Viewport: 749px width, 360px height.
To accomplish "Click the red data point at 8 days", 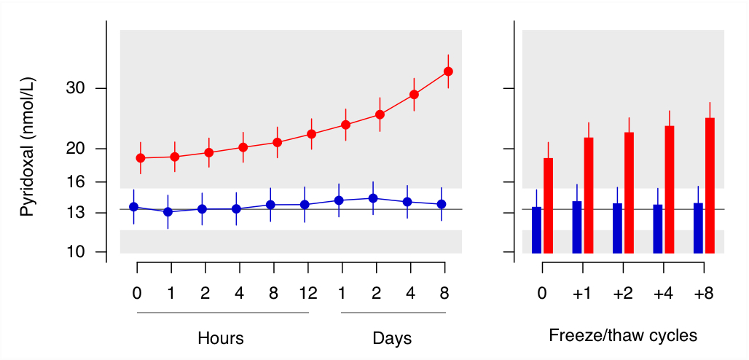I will [x=448, y=71].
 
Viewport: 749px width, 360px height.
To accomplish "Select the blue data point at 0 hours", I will [x=133, y=207].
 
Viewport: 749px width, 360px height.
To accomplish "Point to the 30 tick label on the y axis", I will [x=77, y=89].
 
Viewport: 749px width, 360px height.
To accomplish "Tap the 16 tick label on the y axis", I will [x=77, y=182].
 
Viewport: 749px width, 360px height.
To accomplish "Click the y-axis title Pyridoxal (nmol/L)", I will [x=27, y=148].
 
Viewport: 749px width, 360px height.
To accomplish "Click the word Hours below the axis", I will [x=220, y=338].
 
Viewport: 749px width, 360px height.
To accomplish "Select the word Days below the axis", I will [x=392, y=338].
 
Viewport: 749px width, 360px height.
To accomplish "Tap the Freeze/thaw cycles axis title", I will [x=623, y=336].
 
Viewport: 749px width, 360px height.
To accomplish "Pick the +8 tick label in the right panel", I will [x=703, y=294].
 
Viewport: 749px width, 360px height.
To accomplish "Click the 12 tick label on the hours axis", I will [x=308, y=294].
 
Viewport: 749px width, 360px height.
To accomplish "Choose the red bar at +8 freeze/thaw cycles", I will [x=710, y=185].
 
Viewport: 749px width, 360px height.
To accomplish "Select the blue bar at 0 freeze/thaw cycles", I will [x=537, y=230].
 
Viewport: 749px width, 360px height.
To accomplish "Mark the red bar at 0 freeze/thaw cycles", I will [x=549, y=206].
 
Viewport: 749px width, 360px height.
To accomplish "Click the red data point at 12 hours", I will [x=311, y=134].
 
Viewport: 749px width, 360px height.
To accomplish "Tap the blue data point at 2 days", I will [x=373, y=198].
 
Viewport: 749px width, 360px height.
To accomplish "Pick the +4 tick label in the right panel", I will [x=663, y=294].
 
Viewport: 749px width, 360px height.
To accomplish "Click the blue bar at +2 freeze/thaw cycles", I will [x=617, y=228].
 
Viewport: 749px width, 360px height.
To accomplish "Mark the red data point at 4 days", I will [x=414, y=95].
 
